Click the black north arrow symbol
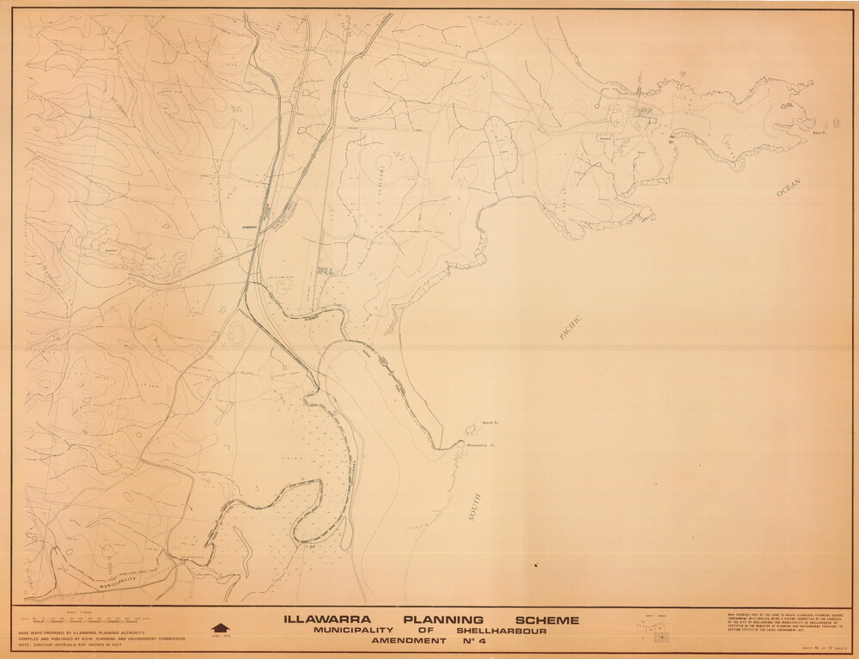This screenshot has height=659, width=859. coord(220,628)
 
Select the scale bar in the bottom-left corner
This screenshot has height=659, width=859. coord(86,620)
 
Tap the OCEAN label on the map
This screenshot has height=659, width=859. coord(789,187)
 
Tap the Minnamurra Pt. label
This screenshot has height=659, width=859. coord(484,446)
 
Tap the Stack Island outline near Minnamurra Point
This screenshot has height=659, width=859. coord(472,425)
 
